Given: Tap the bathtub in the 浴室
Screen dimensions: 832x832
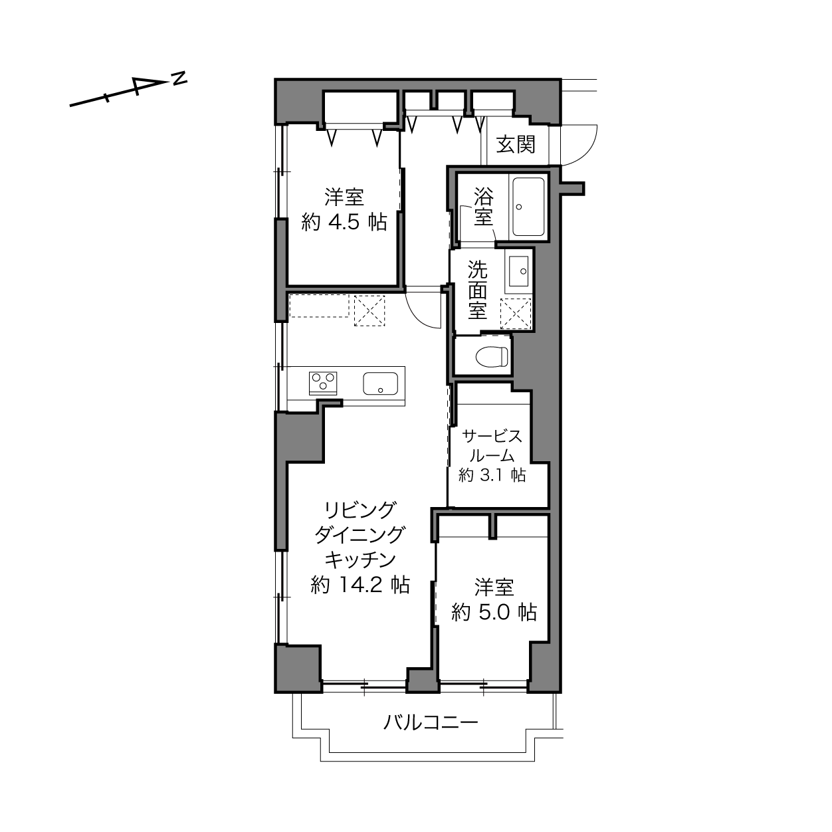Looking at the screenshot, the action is [528, 207].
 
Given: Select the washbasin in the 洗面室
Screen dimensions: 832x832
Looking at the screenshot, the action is [518, 271].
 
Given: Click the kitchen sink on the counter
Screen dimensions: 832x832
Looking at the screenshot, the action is [380, 383].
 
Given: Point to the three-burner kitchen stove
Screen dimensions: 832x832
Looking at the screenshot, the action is [322, 383].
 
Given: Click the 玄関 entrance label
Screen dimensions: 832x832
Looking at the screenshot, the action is [516, 144].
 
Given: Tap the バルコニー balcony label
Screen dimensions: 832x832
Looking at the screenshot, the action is [431, 722].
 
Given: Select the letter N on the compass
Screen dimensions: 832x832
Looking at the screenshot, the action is [179, 78].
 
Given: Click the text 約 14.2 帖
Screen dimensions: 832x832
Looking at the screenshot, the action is [360, 585].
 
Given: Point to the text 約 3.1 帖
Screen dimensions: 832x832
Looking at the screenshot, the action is [492, 475].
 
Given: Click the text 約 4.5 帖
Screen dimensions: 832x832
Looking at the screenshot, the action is [344, 222].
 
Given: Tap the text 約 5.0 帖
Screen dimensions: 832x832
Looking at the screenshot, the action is [494, 612].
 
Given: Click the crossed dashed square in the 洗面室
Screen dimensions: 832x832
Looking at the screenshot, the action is [516, 314].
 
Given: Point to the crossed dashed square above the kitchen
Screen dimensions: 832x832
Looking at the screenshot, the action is [369, 310].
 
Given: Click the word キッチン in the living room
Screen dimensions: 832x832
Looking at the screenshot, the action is [360, 560].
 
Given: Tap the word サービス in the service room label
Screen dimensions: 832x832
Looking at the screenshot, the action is [492, 436].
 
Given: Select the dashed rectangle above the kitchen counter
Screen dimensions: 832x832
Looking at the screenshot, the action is [319, 306].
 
